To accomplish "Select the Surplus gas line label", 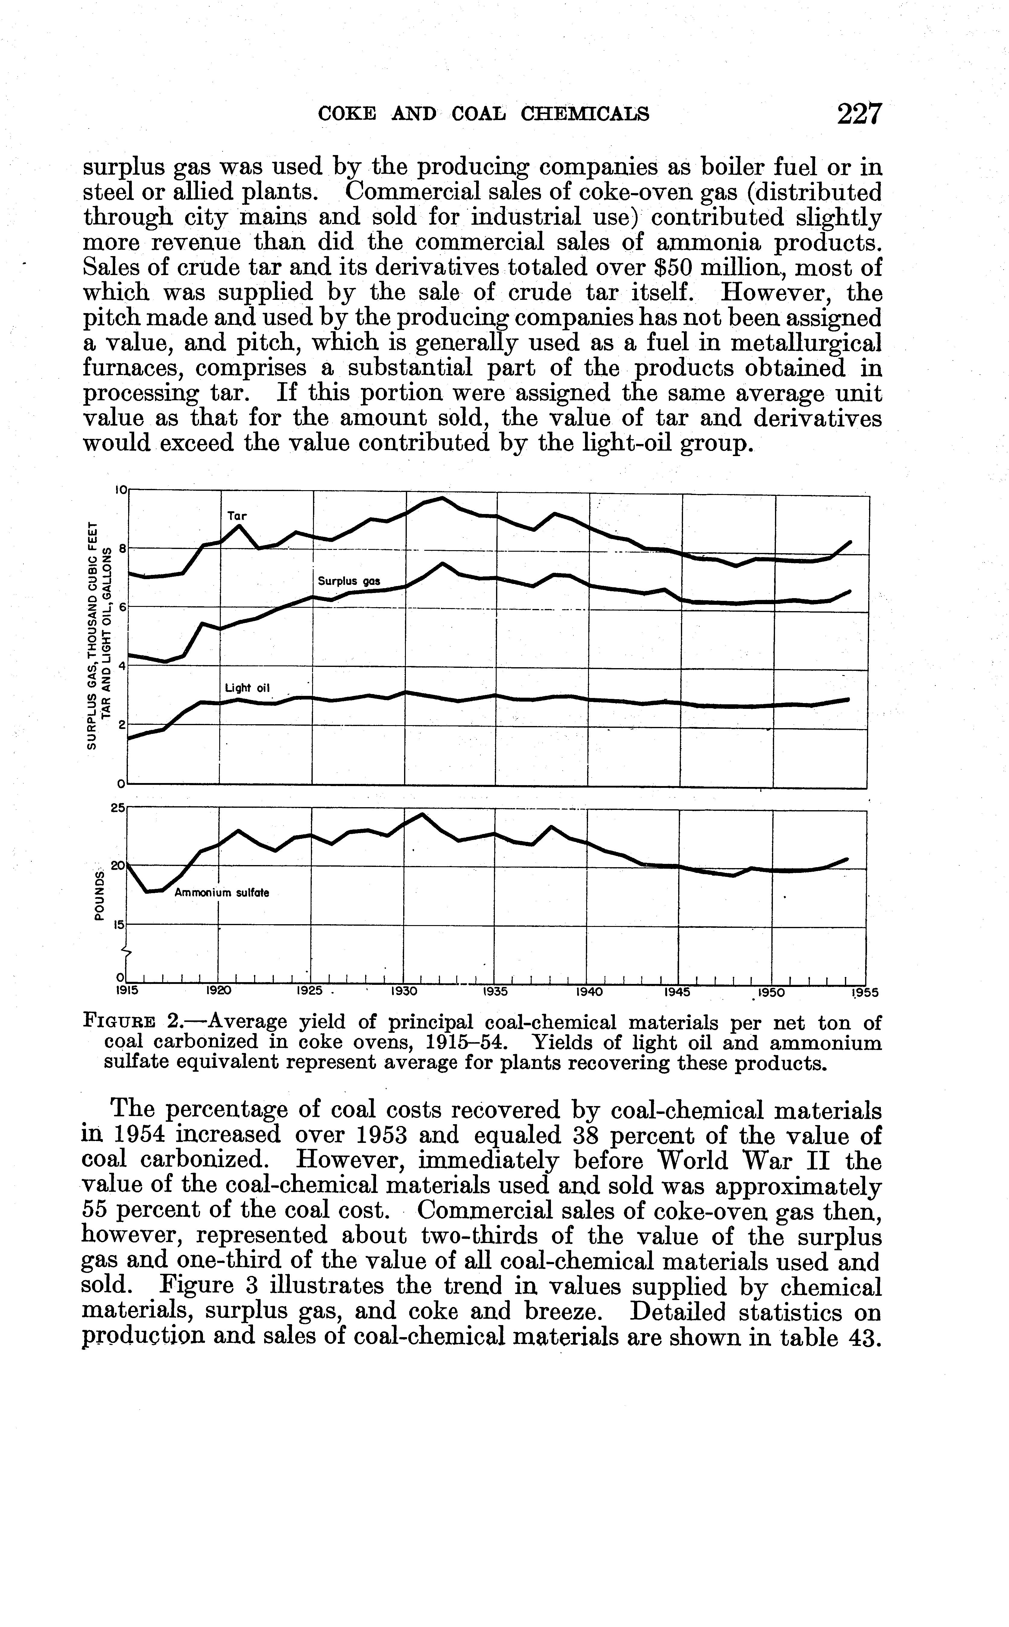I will click(348, 581).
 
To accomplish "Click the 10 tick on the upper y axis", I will click(121, 489).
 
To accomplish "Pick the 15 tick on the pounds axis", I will click(119, 925).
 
